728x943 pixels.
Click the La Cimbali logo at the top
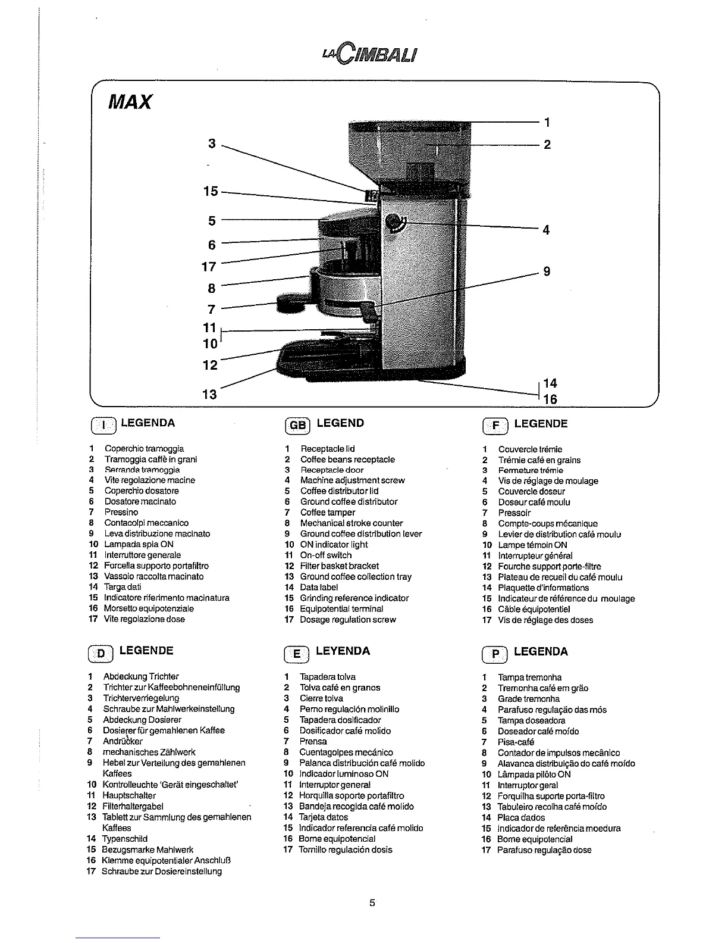point(369,54)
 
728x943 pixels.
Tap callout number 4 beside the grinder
point(546,230)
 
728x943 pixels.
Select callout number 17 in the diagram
point(209,267)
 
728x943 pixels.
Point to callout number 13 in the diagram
point(210,394)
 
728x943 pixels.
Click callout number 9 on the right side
point(547,271)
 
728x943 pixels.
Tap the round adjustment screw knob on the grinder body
point(393,222)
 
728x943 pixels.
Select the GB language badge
point(298,425)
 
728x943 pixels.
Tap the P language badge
point(495,654)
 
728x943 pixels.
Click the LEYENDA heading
point(343,651)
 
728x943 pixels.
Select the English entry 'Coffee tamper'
point(327,512)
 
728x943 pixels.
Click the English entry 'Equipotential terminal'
point(341,608)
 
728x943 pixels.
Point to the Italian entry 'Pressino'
point(121,512)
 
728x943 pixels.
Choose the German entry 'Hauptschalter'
point(130,795)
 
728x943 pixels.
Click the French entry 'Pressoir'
point(514,513)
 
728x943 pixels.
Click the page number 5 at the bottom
point(372,903)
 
